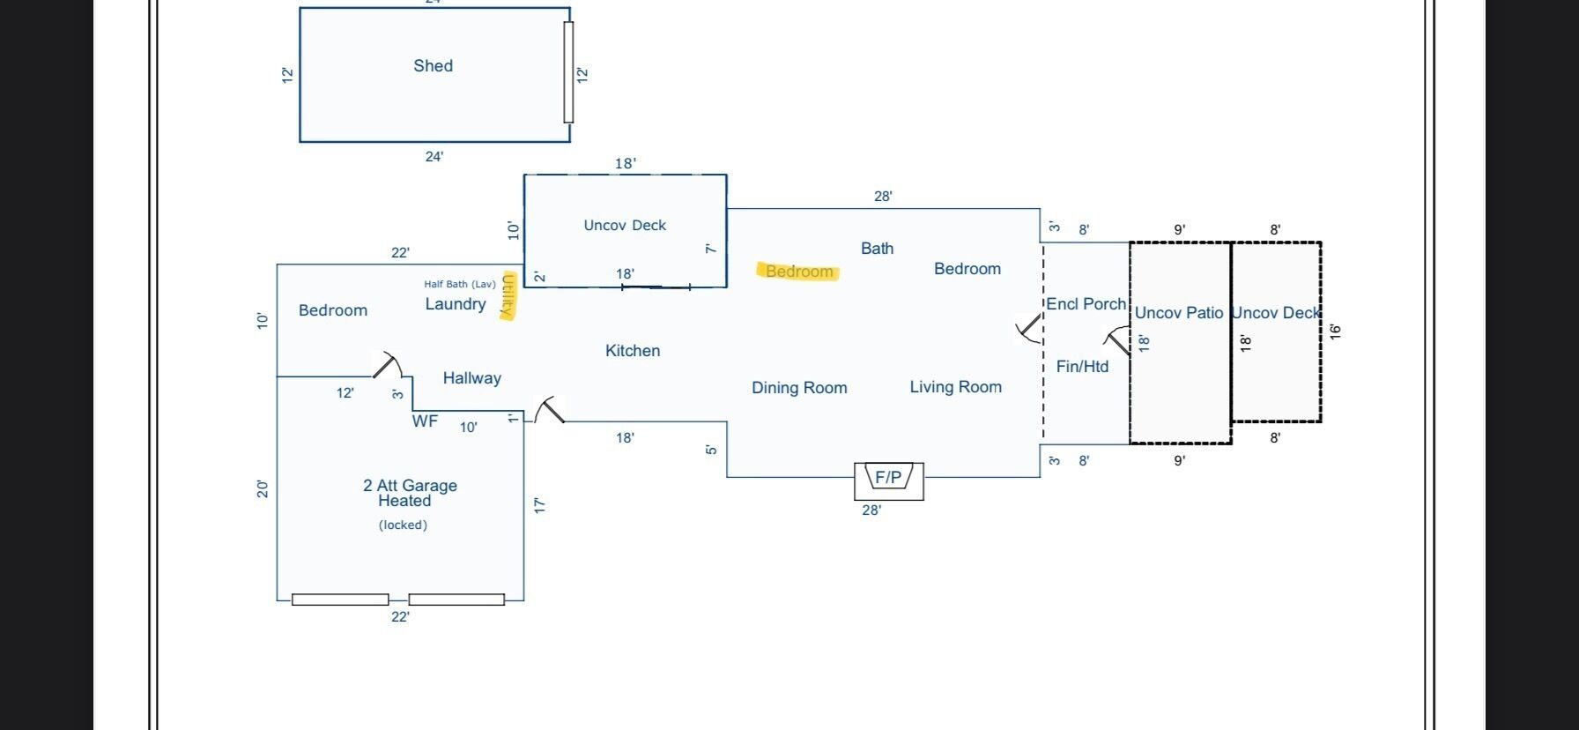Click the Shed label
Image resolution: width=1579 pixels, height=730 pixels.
pos(434,66)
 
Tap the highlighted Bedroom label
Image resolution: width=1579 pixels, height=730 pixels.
pos(799,272)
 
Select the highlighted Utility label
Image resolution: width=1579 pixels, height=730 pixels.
pos(508,295)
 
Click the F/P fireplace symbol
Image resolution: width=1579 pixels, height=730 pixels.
pos(889,480)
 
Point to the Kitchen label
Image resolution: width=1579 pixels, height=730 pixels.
pos(633,351)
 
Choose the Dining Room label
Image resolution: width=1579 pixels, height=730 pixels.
pos(799,388)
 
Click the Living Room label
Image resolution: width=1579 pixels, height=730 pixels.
pos(956,387)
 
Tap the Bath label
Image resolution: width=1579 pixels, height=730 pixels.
pos(878,249)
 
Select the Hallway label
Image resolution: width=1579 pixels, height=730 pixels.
pos(472,378)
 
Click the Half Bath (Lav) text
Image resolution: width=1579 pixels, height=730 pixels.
pos(460,284)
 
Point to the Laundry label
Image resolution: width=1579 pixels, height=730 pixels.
pos(456,304)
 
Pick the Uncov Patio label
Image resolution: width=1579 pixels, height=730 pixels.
pos(1179,313)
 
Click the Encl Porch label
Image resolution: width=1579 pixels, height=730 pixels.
pos(1086,304)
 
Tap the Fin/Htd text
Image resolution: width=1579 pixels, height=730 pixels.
pos(1083,367)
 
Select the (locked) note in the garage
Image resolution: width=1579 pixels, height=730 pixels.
pos(404,525)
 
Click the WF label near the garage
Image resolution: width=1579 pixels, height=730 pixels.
pos(425,421)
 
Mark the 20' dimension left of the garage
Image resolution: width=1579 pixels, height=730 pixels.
pos(263,488)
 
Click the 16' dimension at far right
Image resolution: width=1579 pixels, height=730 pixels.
pos(1335,331)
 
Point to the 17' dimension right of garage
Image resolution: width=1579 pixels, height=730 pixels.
pos(539,505)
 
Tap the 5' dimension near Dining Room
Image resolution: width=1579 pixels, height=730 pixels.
pos(711,450)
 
